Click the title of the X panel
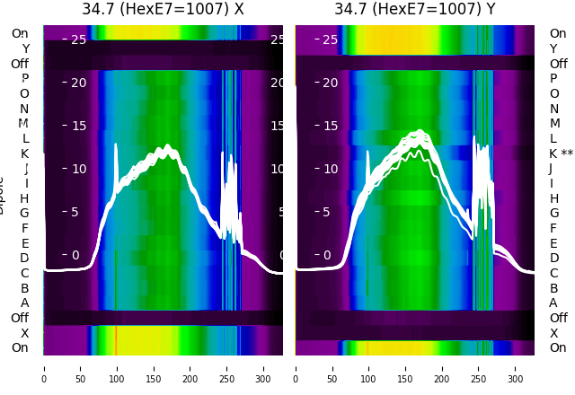click(163, 9)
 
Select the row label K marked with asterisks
click(561, 154)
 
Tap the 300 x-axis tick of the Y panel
click(516, 367)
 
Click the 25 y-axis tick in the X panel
click(78, 39)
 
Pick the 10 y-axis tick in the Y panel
click(330, 169)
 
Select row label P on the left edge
click(24, 79)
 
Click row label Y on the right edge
click(553, 48)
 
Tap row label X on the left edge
click(24, 333)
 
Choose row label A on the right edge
click(553, 303)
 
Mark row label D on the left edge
click(24, 259)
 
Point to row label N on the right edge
click(554, 109)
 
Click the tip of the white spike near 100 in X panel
click(116, 144)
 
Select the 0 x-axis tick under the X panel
click(44, 367)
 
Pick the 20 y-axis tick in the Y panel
click(330, 83)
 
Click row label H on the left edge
click(24, 198)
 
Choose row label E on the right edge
click(553, 243)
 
